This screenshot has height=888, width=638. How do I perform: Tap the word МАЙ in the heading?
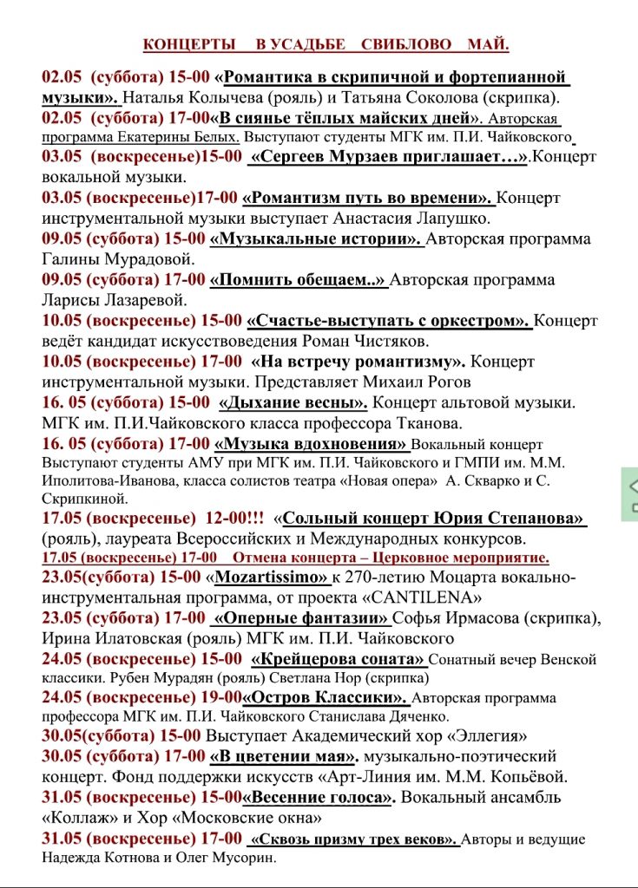tap(487, 44)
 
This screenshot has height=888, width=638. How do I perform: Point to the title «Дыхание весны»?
tap(293, 402)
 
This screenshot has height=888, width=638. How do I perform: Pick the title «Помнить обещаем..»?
tap(298, 279)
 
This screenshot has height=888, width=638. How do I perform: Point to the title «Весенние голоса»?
tap(319, 796)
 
